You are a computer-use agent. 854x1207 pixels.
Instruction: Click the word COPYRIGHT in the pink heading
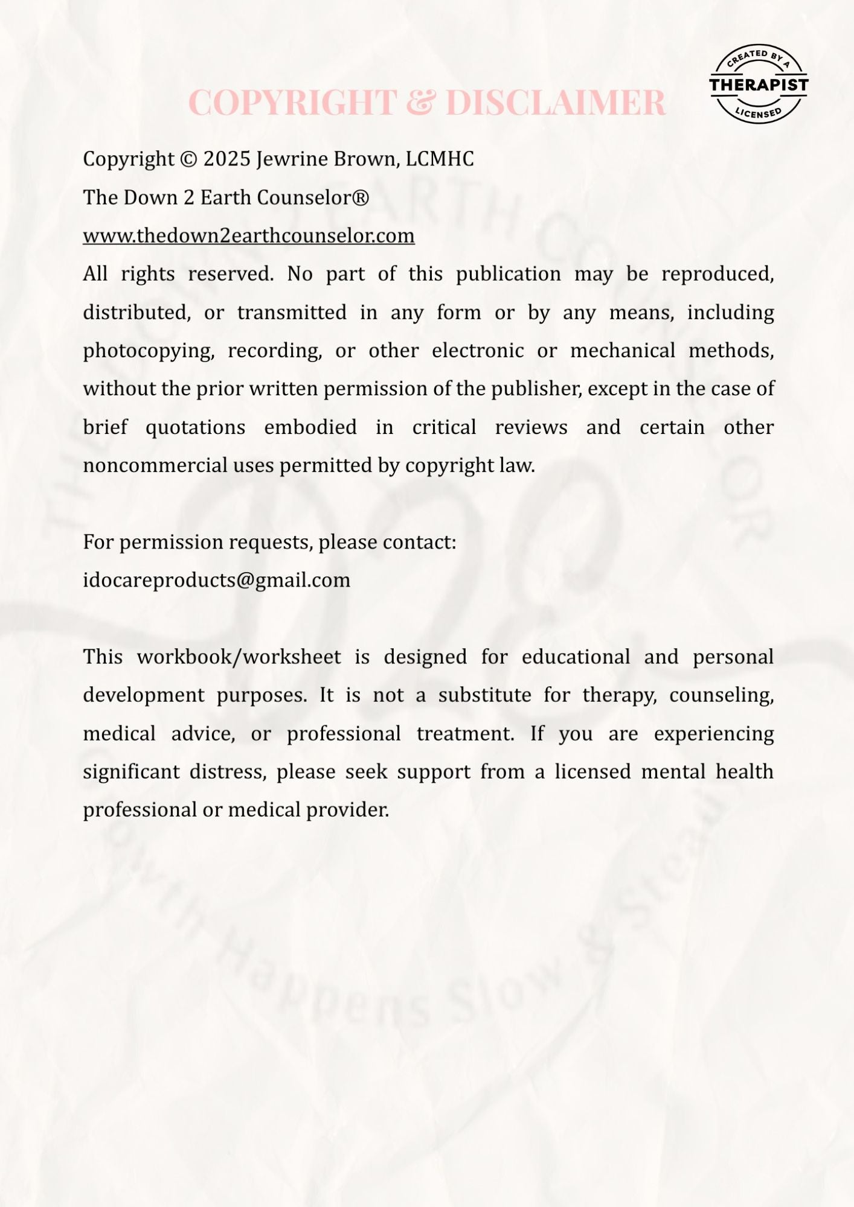[292, 102]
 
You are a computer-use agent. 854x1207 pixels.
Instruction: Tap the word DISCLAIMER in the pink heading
[556, 102]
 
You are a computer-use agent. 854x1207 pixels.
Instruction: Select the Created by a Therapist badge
[759, 84]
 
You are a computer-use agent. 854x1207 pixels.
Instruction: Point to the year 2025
[227, 159]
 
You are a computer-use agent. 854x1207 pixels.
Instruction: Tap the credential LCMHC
[440, 159]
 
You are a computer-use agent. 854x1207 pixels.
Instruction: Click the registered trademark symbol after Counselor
[361, 197]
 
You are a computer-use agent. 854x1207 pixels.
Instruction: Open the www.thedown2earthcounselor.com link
[249, 236]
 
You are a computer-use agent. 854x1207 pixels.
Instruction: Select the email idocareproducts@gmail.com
[216, 581]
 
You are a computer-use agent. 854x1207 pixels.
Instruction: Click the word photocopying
[149, 351]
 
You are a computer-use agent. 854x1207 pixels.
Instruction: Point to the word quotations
[195, 428]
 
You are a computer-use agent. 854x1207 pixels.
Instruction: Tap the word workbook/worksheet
[239, 657]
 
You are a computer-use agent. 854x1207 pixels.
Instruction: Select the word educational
[576, 657]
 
